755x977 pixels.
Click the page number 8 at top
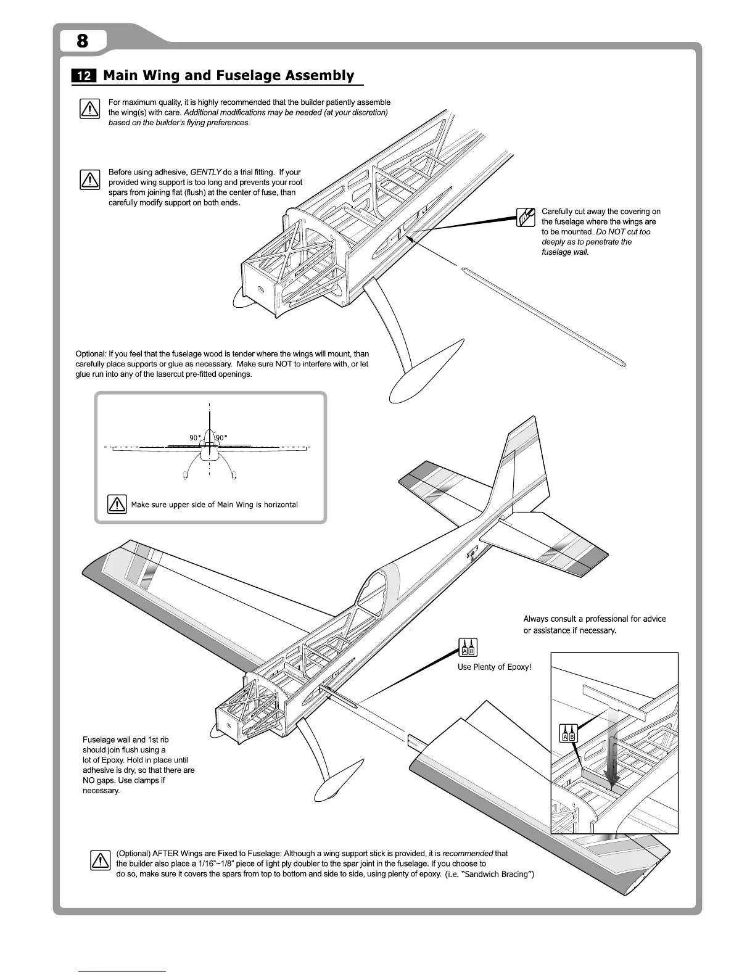(x=83, y=41)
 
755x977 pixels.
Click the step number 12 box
(x=84, y=76)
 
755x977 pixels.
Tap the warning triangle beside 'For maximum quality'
(x=90, y=109)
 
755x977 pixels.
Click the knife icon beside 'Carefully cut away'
(x=526, y=217)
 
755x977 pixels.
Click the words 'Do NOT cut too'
(x=623, y=232)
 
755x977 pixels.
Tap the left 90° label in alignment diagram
(x=194, y=438)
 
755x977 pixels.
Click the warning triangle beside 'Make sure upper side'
(x=117, y=504)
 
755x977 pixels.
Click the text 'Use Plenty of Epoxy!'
(x=494, y=667)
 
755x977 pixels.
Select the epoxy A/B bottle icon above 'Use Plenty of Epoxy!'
(x=468, y=647)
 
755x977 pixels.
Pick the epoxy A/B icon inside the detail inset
(x=568, y=732)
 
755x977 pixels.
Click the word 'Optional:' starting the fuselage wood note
(x=91, y=354)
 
